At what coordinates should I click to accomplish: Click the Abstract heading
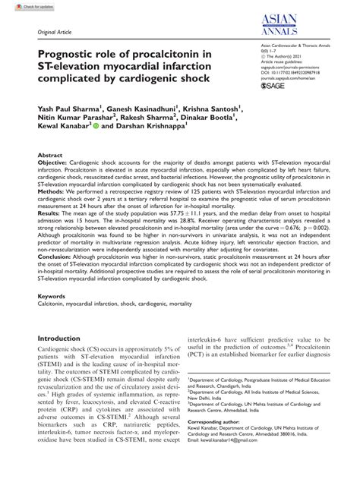coord(50,154)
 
